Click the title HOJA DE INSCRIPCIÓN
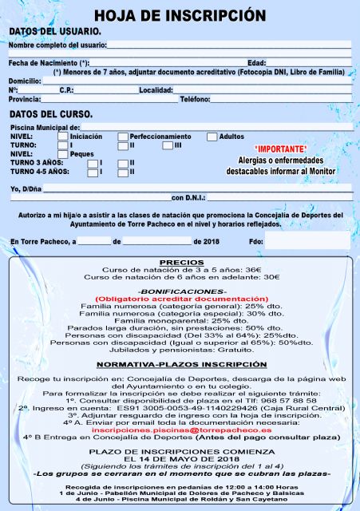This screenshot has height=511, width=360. click(x=180, y=15)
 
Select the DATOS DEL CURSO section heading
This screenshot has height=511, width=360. click(x=51, y=114)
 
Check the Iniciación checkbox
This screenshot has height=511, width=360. click(x=63, y=137)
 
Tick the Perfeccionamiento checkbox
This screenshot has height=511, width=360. click(x=123, y=137)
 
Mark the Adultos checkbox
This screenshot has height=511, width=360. click(x=212, y=137)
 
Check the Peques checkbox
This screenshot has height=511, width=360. click(x=63, y=154)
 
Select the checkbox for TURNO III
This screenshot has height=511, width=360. click(x=168, y=145)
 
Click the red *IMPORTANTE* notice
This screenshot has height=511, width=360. click(x=280, y=149)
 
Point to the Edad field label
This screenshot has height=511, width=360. click(x=256, y=62)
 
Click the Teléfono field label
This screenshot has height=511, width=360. click(x=195, y=99)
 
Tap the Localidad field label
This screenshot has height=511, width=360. click(x=156, y=90)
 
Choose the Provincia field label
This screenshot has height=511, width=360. click(x=25, y=99)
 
